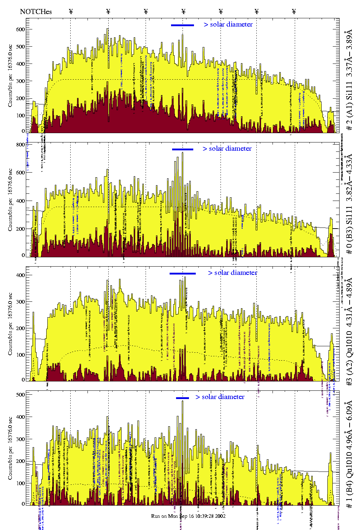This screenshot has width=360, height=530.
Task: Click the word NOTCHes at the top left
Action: (x=36, y=11)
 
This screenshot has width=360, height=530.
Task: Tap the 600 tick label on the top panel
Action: (x=20, y=29)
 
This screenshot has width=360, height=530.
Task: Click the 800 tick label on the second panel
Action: (x=20, y=145)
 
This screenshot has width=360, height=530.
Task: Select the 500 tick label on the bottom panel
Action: (x=20, y=395)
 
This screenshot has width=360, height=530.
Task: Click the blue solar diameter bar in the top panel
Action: (x=183, y=25)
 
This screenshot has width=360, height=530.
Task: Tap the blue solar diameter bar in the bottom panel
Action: (x=183, y=398)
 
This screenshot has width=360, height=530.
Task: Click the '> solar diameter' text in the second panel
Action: (x=227, y=149)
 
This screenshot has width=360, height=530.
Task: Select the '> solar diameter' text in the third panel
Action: (x=232, y=273)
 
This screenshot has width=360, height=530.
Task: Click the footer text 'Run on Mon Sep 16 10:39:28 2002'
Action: (x=188, y=516)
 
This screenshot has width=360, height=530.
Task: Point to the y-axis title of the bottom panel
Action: (x=10, y=449)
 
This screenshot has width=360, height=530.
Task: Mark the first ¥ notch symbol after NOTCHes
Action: (x=71, y=11)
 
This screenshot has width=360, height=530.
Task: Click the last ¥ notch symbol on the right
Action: (x=294, y=11)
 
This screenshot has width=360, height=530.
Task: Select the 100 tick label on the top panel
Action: (x=20, y=116)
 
